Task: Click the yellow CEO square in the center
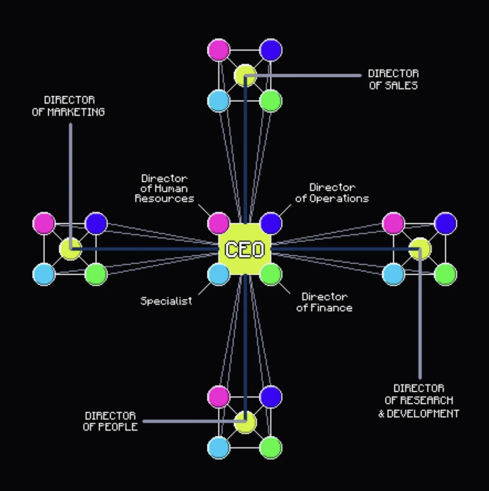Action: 244,249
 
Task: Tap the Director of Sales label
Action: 393,79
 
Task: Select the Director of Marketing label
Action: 68,106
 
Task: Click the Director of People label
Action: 110,421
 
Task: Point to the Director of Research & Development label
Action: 419,401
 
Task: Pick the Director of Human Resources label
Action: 165,189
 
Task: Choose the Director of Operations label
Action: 332,193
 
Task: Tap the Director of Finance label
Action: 324,302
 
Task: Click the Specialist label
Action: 166,301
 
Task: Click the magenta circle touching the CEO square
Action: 219,223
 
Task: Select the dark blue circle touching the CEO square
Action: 271,223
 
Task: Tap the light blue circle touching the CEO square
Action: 219,274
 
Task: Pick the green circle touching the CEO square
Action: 271,274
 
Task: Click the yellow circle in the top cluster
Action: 245,75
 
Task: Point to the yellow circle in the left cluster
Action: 71,249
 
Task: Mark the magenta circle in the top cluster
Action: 219,50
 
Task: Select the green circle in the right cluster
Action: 445,274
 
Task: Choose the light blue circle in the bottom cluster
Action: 219,448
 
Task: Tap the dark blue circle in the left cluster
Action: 96,223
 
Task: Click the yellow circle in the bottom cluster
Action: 245,423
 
